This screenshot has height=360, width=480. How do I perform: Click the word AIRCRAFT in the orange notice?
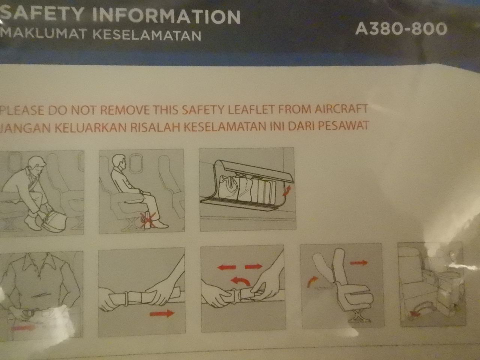(x=341, y=109)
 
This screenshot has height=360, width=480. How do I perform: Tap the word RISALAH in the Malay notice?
(x=156, y=127)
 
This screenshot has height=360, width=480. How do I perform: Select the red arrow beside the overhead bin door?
(x=286, y=190)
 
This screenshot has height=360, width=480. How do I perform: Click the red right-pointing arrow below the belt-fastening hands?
(x=162, y=313)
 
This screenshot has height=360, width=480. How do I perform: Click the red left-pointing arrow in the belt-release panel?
(x=226, y=267)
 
